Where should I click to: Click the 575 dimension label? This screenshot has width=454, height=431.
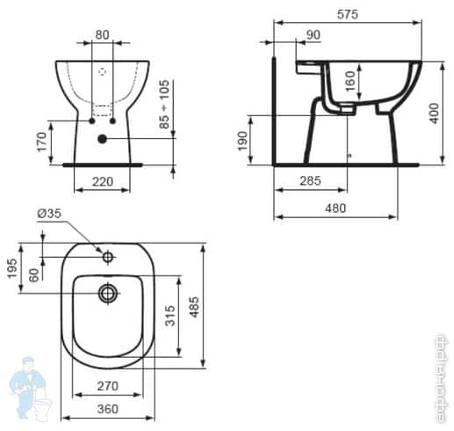pyautogui.click(x=349, y=14)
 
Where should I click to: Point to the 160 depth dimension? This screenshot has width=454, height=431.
pyautogui.click(x=351, y=84)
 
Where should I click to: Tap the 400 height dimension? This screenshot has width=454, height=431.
pyautogui.click(x=434, y=112)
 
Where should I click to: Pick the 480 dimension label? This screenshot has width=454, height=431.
pyautogui.click(x=335, y=208)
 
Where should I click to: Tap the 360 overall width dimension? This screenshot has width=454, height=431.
pyautogui.click(x=107, y=409)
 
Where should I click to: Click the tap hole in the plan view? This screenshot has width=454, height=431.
pyautogui.click(x=108, y=258)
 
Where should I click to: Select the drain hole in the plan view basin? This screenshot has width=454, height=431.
pyautogui.click(x=108, y=292)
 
